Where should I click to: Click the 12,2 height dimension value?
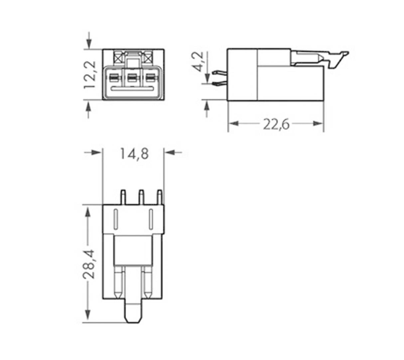coord(90,75)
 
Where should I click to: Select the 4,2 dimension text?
coord(199,62)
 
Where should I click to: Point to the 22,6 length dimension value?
coord(276,124)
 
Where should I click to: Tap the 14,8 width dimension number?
coord(134,154)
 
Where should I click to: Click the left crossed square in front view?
coord(117,59)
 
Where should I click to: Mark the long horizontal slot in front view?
coord(132,89)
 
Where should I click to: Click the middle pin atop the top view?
coord(141,197)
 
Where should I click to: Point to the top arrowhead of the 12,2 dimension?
coord(89,43)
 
